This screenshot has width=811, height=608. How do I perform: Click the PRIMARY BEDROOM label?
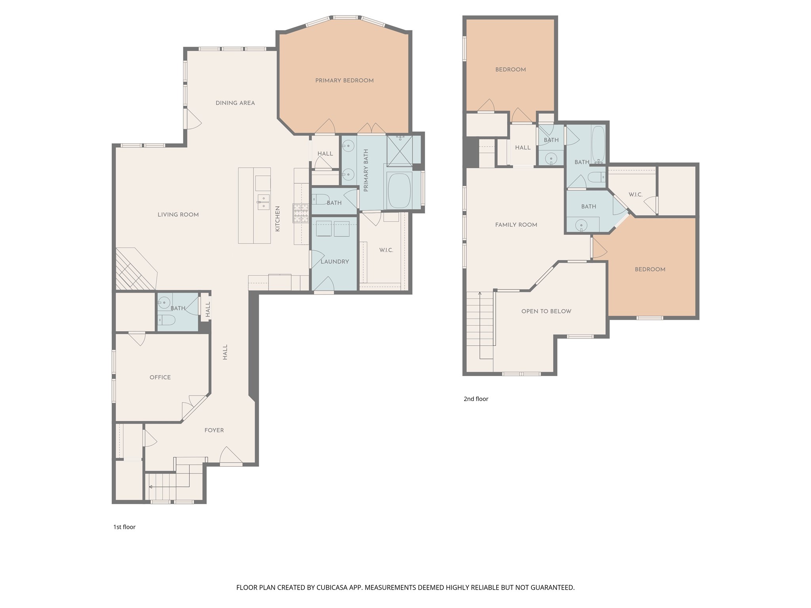344,81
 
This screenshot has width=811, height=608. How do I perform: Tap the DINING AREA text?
235,103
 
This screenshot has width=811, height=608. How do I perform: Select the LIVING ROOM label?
178,215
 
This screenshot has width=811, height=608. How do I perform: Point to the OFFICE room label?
160,377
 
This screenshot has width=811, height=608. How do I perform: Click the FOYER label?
214,430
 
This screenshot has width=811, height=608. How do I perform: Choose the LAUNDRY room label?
335,262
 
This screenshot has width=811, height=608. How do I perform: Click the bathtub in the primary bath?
399,190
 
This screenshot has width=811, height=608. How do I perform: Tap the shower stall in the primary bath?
399,150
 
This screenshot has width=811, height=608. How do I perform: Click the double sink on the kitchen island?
263,201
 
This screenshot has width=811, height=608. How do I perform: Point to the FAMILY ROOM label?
516,225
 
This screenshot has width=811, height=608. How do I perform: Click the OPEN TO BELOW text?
546,311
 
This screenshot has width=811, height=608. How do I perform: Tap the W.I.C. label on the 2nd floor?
635,195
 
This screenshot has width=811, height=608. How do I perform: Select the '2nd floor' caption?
476,399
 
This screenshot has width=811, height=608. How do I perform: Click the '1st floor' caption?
124,527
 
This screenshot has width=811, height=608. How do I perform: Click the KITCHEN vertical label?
278,218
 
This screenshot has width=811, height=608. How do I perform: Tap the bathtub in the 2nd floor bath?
598,144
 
